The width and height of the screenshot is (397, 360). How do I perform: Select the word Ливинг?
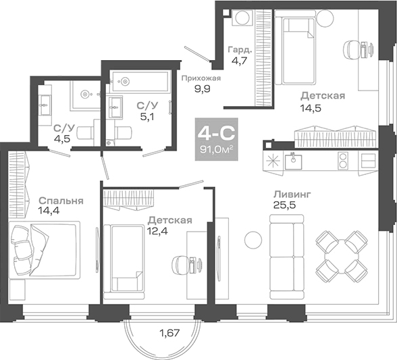[x=293, y=195]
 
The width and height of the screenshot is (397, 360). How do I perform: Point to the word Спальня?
[x=61, y=201]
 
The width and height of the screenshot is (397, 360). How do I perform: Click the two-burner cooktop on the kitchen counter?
[x=343, y=161]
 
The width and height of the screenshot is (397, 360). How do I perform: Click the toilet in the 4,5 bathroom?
[x=83, y=134]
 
